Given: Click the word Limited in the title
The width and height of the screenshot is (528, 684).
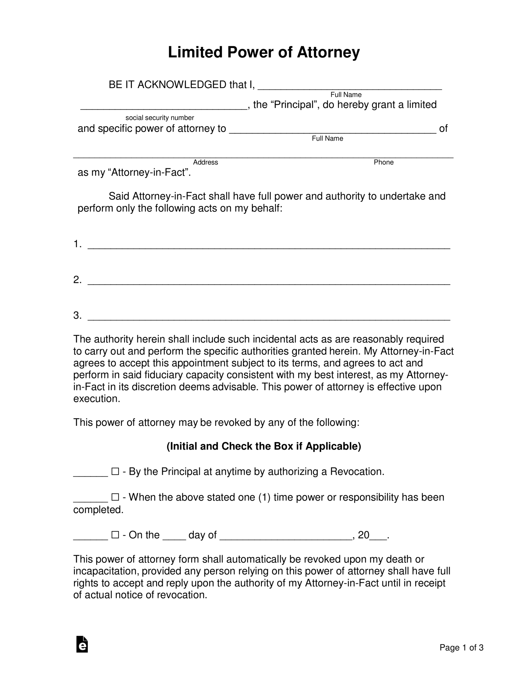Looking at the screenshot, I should click(195, 52).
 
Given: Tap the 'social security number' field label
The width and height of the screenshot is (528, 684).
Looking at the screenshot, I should click(160, 118).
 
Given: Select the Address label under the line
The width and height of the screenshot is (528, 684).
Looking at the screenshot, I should click(205, 162).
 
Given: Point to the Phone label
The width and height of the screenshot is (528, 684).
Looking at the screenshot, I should click(383, 162).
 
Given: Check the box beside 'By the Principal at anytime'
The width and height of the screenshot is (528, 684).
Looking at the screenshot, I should click(115, 471).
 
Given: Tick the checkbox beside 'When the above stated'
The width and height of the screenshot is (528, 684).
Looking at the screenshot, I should click(115, 497).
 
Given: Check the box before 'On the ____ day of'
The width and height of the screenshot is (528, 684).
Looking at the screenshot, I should click(115, 535).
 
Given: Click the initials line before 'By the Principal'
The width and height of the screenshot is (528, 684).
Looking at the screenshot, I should click(90, 473).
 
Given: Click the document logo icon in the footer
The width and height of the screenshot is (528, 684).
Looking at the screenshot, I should click(82, 644).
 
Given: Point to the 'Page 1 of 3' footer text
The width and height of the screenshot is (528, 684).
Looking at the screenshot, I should click(461, 648).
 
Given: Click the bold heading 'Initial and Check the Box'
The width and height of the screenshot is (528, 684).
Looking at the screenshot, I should click(263, 446).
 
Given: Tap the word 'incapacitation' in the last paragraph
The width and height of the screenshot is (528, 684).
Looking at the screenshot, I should click(106, 571).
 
